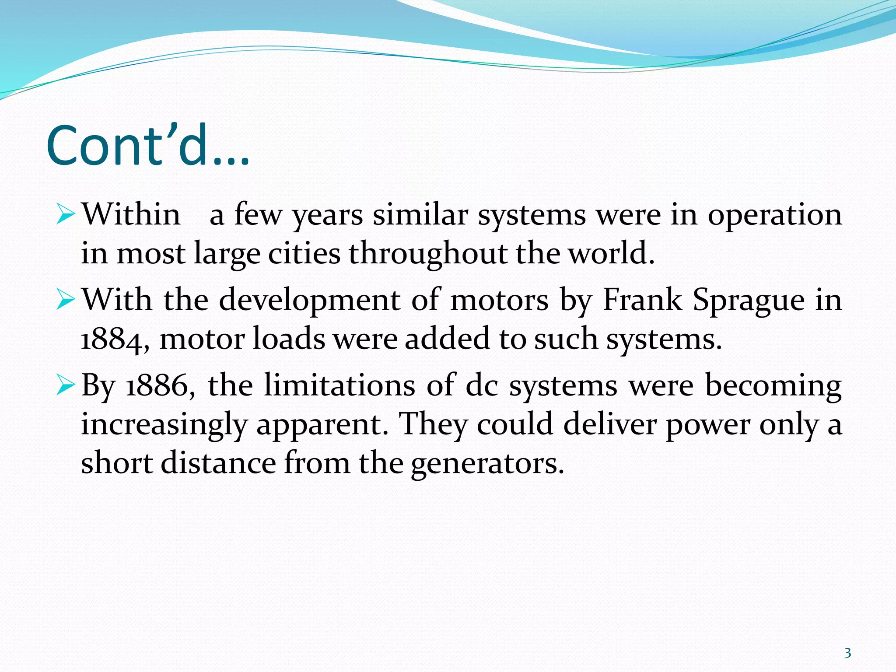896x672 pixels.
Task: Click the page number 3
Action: (x=847, y=653)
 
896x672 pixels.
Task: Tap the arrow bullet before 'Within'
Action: (x=66, y=215)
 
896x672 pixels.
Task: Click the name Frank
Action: (x=642, y=300)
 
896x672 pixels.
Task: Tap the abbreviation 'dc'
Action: (x=482, y=386)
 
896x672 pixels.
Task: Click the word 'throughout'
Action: (x=427, y=254)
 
